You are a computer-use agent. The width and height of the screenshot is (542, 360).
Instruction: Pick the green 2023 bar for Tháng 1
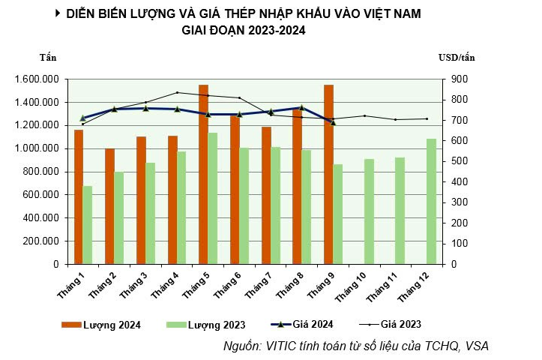88,225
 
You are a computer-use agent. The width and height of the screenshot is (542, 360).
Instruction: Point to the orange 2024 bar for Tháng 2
109,206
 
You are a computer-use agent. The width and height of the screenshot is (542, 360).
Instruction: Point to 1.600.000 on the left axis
36,79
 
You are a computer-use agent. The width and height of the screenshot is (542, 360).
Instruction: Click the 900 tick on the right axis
458,79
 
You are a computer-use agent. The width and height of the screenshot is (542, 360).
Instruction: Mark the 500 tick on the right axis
458,161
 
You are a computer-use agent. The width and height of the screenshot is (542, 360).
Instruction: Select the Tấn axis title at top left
48,57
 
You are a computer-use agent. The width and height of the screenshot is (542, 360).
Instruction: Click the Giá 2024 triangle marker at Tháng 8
301,108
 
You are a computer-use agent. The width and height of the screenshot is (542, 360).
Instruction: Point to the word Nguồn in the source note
243,346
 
